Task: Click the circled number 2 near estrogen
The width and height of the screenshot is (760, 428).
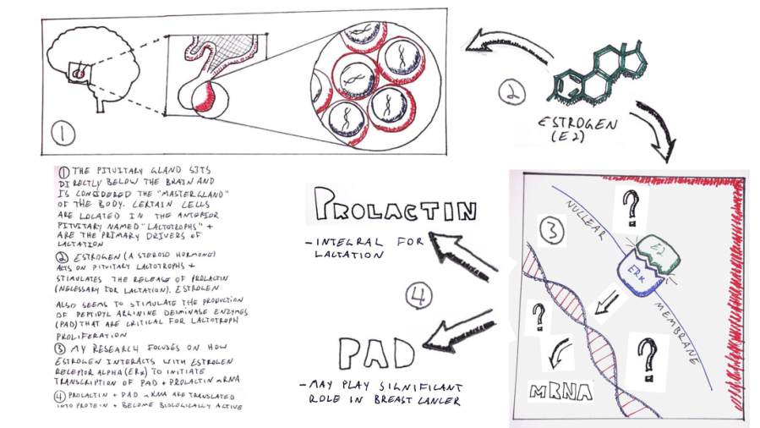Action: (x=513, y=94)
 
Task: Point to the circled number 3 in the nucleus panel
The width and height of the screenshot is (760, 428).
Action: (x=550, y=230)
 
